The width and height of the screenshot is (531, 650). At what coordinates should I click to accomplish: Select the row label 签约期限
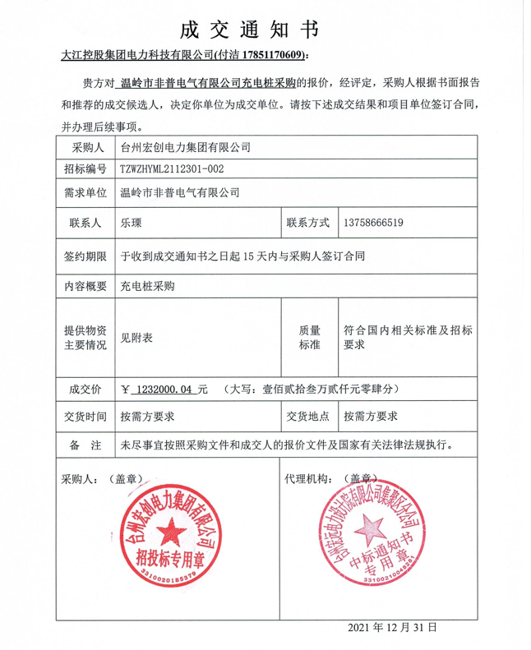[85, 256]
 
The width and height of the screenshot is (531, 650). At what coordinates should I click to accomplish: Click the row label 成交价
[85, 387]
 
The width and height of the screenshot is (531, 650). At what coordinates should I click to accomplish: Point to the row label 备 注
[85, 445]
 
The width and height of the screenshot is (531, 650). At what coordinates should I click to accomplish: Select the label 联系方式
[307, 223]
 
